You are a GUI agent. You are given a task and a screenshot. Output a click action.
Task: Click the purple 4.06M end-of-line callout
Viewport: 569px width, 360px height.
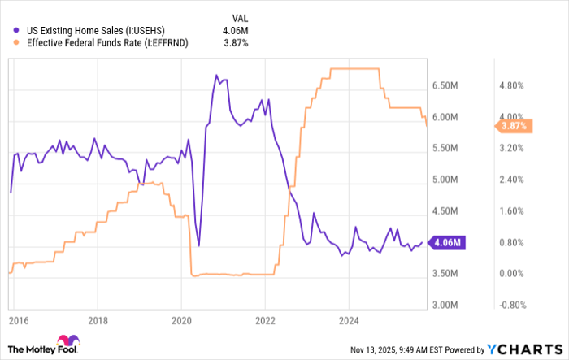(447, 242)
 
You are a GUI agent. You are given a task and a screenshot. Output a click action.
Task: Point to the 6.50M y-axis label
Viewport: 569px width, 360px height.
(447, 85)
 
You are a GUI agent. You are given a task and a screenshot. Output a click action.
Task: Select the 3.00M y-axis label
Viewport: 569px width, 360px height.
(447, 305)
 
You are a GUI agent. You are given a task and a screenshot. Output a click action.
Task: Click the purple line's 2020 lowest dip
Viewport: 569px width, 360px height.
(198, 245)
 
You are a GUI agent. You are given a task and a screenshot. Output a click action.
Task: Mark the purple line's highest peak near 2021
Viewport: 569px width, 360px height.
(217, 76)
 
